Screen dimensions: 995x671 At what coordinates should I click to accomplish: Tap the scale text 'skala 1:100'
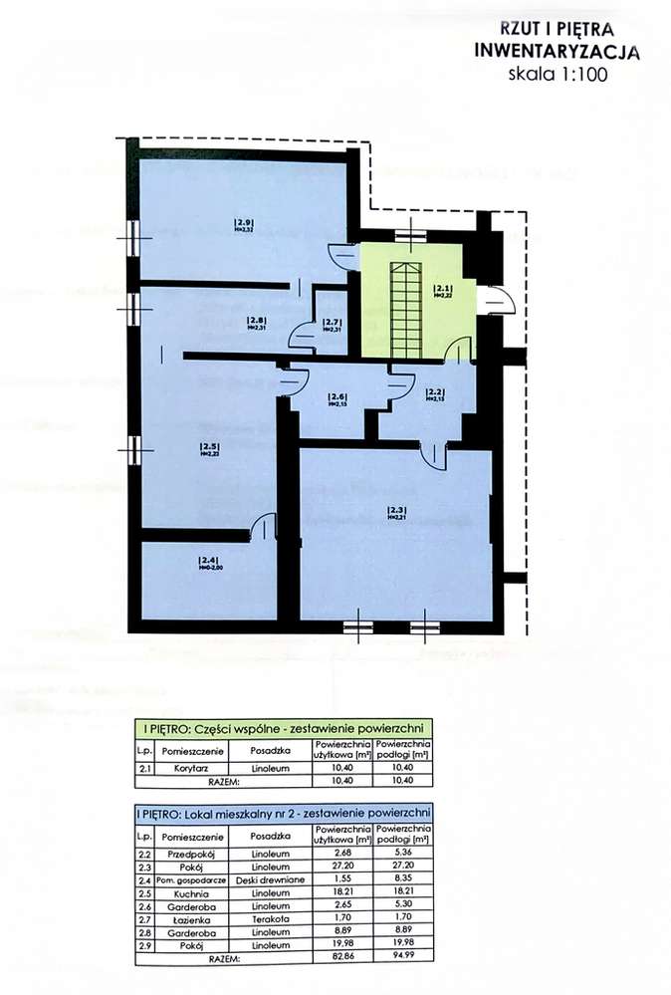[x=557, y=74]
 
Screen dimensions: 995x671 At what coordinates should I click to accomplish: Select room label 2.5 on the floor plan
[x=208, y=447]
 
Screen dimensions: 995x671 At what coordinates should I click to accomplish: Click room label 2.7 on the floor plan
[x=333, y=324]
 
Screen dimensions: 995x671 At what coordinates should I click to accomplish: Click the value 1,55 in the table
[x=342, y=880]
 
